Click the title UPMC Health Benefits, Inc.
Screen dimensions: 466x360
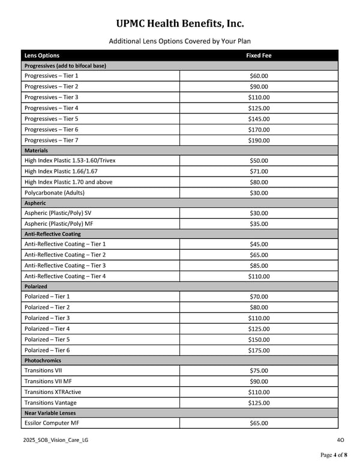[x=180, y=23]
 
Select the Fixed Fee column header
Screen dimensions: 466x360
[x=259, y=55]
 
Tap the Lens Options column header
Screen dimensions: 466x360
[x=42, y=55]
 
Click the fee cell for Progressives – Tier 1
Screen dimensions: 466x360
[x=259, y=76]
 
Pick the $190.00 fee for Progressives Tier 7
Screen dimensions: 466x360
[x=259, y=141]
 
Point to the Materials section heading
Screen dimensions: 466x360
[x=36, y=151]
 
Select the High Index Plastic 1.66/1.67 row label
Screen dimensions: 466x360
[x=61, y=171]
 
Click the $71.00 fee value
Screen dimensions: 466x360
[x=259, y=171]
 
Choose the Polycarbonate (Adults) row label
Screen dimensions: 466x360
[x=55, y=193]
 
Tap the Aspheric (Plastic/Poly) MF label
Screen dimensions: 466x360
[x=63, y=224]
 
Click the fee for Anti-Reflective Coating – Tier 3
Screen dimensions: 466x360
[x=259, y=265]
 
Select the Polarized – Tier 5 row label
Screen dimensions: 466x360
[x=47, y=339]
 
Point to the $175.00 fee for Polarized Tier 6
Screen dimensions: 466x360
[x=259, y=350]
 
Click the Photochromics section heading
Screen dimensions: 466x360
[x=43, y=360]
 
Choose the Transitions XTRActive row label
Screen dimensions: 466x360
[x=53, y=392]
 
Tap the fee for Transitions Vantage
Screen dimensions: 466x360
[x=259, y=402]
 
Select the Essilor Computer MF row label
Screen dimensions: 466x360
[x=52, y=423]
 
